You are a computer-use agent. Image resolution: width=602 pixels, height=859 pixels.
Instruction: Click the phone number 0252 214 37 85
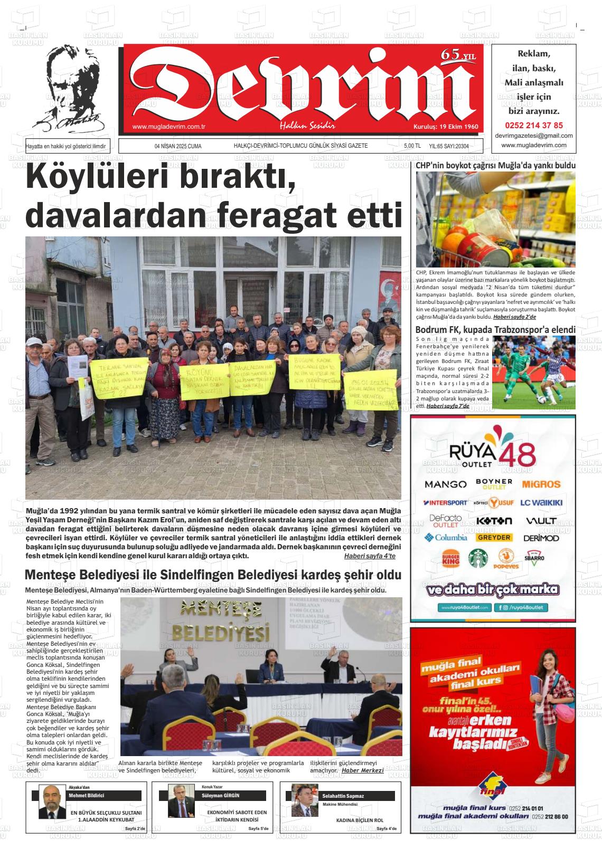click(x=534, y=126)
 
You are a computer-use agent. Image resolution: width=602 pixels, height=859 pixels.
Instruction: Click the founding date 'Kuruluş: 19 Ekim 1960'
click(x=445, y=127)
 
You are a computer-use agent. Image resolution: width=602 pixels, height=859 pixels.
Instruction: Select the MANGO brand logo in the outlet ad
click(x=445, y=484)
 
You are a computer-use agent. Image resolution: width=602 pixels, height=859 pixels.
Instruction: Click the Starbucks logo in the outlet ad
click(x=478, y=559)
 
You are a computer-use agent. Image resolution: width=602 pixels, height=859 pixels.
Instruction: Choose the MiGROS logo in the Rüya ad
click(x=541, y=484)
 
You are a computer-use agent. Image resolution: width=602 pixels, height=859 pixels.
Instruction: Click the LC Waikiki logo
click(x=541, y=503)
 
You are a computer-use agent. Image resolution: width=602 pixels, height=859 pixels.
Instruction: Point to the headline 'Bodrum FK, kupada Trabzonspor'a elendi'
click(x=495, y=330)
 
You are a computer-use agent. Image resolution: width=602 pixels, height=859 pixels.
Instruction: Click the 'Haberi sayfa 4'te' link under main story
click(x=369, y=556)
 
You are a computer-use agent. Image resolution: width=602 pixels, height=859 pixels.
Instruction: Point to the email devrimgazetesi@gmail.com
click(x=534, y=136)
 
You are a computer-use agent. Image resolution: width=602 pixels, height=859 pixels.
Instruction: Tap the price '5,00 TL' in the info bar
click(x=412, y=146)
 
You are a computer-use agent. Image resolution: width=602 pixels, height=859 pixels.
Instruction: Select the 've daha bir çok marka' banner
click(x=493, y=589)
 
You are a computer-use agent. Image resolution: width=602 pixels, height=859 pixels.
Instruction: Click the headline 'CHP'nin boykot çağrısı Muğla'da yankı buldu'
click(x=495, y=166)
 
